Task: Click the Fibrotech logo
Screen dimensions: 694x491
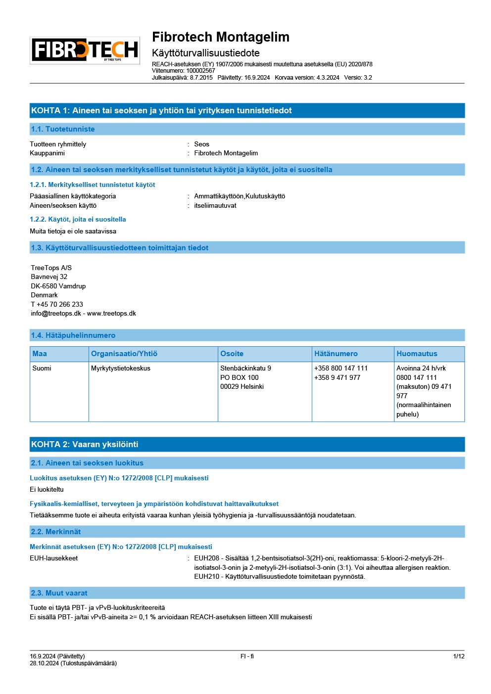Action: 85,50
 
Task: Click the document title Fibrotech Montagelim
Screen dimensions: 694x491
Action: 220,37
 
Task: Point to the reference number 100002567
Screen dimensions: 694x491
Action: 200,71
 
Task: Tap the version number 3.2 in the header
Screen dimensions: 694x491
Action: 367,78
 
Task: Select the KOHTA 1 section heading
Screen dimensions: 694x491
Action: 161,110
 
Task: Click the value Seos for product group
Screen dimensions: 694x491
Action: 201,144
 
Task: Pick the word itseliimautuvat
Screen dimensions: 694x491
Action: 215,205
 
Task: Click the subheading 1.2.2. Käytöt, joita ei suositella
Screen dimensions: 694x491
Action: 78,219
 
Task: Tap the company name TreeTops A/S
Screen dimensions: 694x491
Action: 51,268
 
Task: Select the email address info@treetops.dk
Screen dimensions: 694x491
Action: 56,313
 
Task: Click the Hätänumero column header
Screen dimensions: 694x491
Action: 336,354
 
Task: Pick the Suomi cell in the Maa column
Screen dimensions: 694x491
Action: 42,368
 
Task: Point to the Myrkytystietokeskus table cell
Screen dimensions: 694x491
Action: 120,368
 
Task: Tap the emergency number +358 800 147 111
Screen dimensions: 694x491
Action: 341,368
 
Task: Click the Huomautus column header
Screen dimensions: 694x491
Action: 417,354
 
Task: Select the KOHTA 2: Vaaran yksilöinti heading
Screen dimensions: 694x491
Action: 85,444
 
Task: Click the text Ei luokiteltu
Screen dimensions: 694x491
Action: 47,489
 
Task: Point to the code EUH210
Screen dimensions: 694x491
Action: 206,576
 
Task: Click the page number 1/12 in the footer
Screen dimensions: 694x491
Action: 458,656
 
